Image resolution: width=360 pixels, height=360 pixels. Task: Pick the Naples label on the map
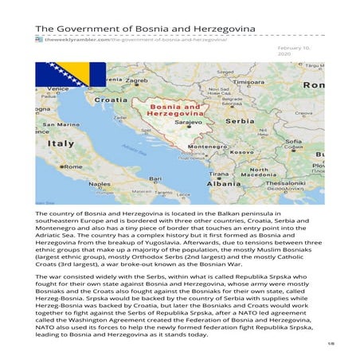coord(100,183)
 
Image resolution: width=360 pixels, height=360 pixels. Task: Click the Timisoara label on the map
coord(247,81)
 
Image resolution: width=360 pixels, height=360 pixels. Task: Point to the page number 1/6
coord(330,343)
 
